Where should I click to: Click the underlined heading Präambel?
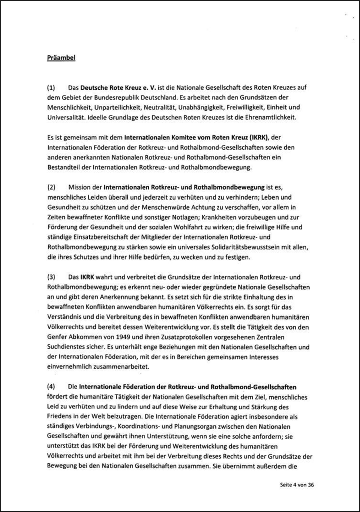click(61, 58)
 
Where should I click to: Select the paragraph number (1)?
click(51, 87)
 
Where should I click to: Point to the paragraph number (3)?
click(51, 277)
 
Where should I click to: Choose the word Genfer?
click(56, 337)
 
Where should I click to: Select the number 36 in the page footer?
click(311, 485)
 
